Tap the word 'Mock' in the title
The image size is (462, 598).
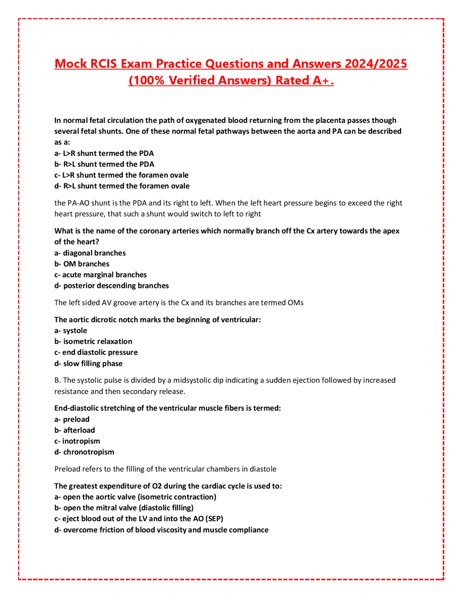click(71, 64)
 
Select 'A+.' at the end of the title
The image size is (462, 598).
click(323, 81)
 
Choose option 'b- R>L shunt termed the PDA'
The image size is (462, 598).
click(104, 164)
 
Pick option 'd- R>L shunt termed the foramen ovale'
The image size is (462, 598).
click(122, 186)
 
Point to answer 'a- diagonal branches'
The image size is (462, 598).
click(90, 253)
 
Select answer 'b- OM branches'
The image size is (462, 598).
click(82, 264)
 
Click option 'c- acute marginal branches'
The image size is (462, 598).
click(100, 275)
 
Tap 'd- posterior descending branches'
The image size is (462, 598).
click(112, 286)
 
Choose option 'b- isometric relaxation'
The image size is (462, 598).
click(93, 342)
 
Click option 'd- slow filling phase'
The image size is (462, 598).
click(88, 364)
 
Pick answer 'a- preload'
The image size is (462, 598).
click(72, 420)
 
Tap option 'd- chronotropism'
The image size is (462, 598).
click(84, 452)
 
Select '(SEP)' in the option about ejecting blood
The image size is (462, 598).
click(214, 519)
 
